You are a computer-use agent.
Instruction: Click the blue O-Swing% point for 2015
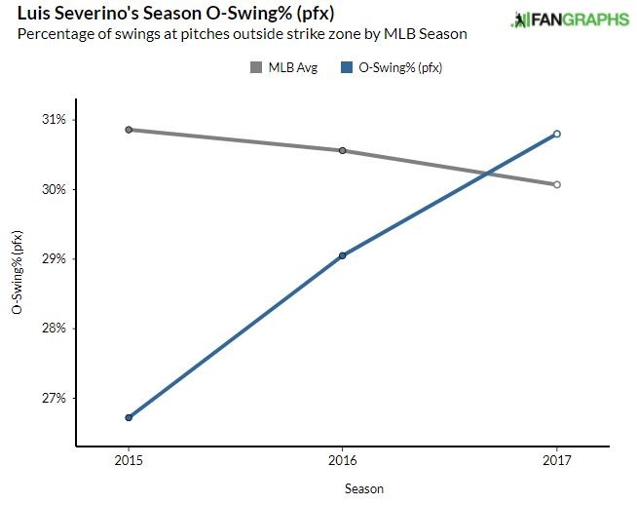coord(129,417)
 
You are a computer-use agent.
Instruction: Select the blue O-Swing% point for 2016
coord(343,255)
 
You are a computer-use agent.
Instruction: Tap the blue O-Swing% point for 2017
coord(556,134)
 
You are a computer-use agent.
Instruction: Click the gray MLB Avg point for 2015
coord(129,130)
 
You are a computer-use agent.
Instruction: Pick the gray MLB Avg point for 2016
coord(343,150)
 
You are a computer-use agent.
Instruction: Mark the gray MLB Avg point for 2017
coord(556,184)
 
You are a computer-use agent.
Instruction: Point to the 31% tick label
coord(53,120)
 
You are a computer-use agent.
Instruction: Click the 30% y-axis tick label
coord(53,189)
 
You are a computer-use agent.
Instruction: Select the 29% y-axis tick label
coord(53,259)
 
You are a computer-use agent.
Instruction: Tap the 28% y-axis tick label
coord(53,329)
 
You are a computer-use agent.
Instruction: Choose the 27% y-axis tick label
coord(53,399)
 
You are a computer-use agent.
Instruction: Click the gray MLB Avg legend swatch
coord(257,67)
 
